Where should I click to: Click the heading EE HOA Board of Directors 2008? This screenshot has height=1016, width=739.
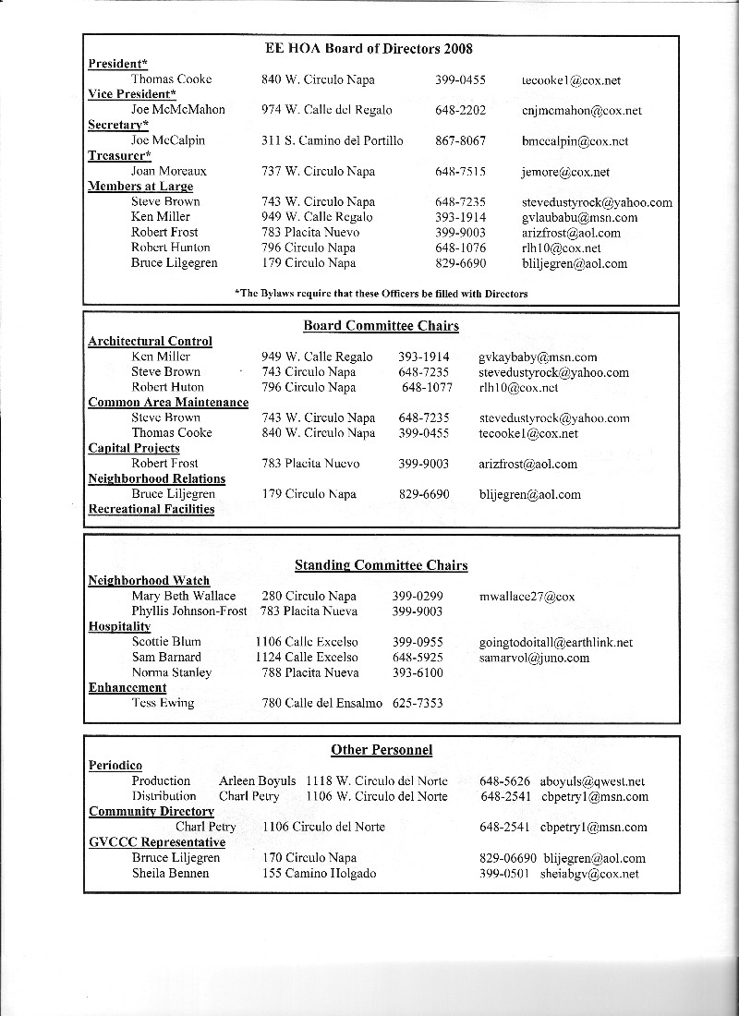tap(369, 48)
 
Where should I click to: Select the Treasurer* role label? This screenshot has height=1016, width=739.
tap(119, 156)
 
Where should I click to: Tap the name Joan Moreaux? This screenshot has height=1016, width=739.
tap(169, 172)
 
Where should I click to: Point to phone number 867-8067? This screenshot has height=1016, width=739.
tap(460, 141)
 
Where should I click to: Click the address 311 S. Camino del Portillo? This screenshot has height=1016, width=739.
tap(332, 141)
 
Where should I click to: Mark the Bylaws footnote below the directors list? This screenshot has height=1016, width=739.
tap(382, 294)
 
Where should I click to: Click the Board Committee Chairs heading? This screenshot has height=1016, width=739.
tap(381, 326)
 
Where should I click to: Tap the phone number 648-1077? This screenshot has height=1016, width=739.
tap(427, 387)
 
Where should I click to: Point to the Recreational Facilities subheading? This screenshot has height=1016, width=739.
tap(151, 509)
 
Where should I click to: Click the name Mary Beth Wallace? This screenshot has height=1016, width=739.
tap(183, 597)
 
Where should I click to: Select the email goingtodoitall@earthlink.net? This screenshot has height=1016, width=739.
tap(556, 642)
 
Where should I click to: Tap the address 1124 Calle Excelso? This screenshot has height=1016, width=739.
tap(307, 658)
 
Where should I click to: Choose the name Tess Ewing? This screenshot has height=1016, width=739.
tap(163, 703)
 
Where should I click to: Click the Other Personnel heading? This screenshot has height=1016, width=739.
tap(382, 750)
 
